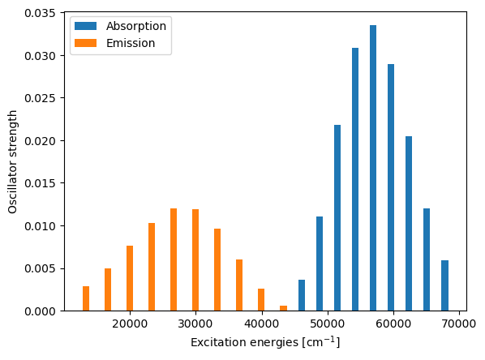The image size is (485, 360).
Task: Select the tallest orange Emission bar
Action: point(174,259)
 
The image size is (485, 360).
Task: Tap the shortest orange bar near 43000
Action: point(283,308)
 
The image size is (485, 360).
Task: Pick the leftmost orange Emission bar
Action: point(86,298)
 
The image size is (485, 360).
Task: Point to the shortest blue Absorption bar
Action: point(302,295)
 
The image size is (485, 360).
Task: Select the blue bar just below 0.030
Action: point(391,187)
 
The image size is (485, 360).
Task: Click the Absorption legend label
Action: point(136,26)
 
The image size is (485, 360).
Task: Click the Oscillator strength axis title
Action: point(13,162)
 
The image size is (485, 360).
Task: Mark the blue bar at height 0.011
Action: point(320,264)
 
